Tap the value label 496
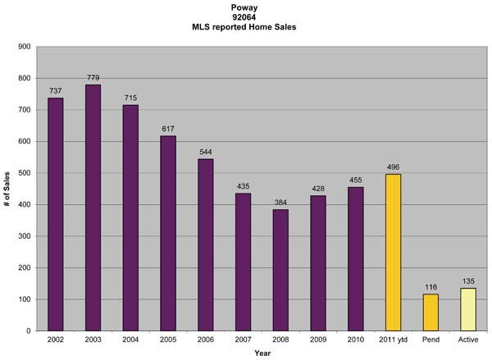(x=393, y=167)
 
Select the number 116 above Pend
(x=430, y=287)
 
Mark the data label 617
(x=168, y=130)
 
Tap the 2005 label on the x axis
(x=168, y=339)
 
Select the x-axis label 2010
(x=355, y=339)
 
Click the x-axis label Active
(x=468, y=339)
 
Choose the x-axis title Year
(x=262, y=353)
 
